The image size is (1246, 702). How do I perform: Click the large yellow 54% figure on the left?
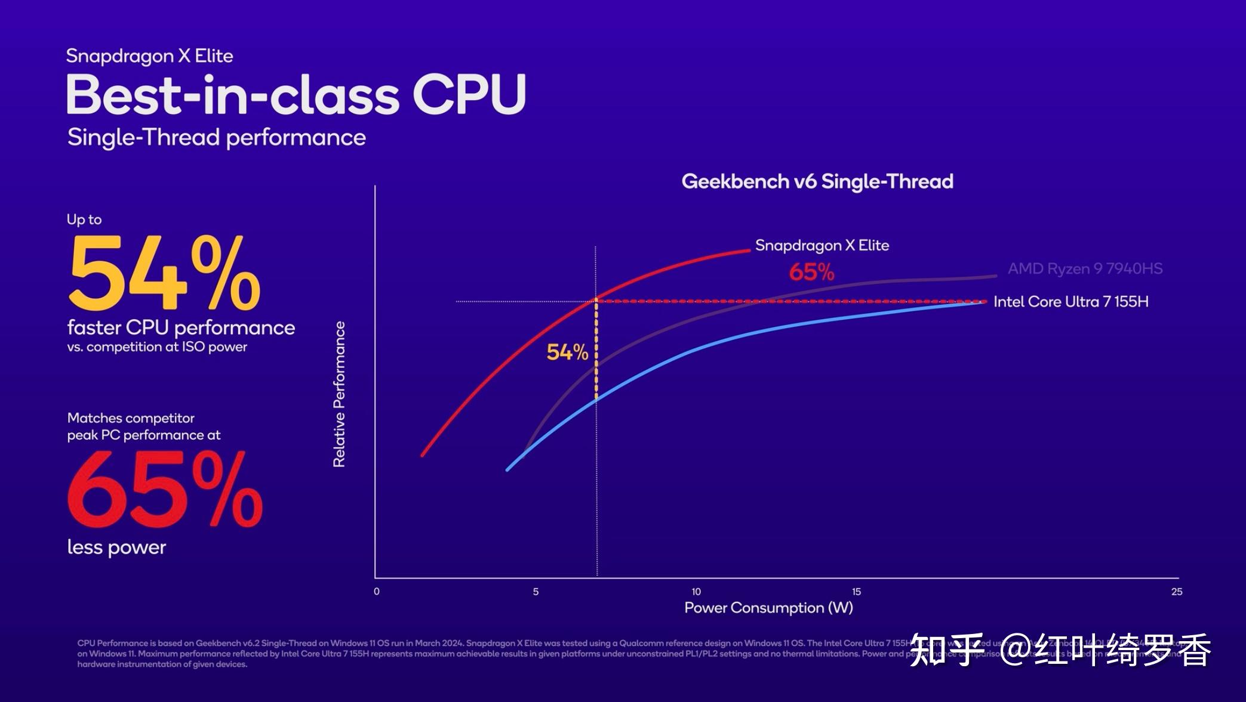[165, 273]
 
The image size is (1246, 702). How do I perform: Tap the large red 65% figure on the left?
[165, 490]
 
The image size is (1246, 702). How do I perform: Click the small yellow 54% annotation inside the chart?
[567, 352]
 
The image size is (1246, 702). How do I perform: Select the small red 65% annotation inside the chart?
[811, 273]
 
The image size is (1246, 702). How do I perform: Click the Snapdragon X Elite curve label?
[822, 245]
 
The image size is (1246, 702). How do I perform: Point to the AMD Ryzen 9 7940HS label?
[1085, 269]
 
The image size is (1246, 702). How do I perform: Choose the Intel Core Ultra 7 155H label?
[1070, 302]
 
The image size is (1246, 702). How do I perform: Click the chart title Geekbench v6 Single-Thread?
[817, 181]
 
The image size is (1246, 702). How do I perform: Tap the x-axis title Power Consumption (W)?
[768, 608]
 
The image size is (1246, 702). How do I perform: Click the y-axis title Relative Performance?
[339, 394]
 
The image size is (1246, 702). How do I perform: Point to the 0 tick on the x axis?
[376, 592]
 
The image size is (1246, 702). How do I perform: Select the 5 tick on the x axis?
[536, 592]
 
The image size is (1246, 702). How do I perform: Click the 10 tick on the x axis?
[696, 592]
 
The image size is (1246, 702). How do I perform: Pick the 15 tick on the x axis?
[856, 592]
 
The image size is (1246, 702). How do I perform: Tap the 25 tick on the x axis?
[1176, 592]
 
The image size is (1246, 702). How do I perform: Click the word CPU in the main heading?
[469, 94]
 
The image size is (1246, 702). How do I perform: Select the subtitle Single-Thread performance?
[216, 138]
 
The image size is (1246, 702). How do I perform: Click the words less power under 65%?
[116, 548]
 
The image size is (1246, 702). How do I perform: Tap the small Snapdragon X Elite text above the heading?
[149, 56]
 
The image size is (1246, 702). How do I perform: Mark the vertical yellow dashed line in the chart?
[596, 352]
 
